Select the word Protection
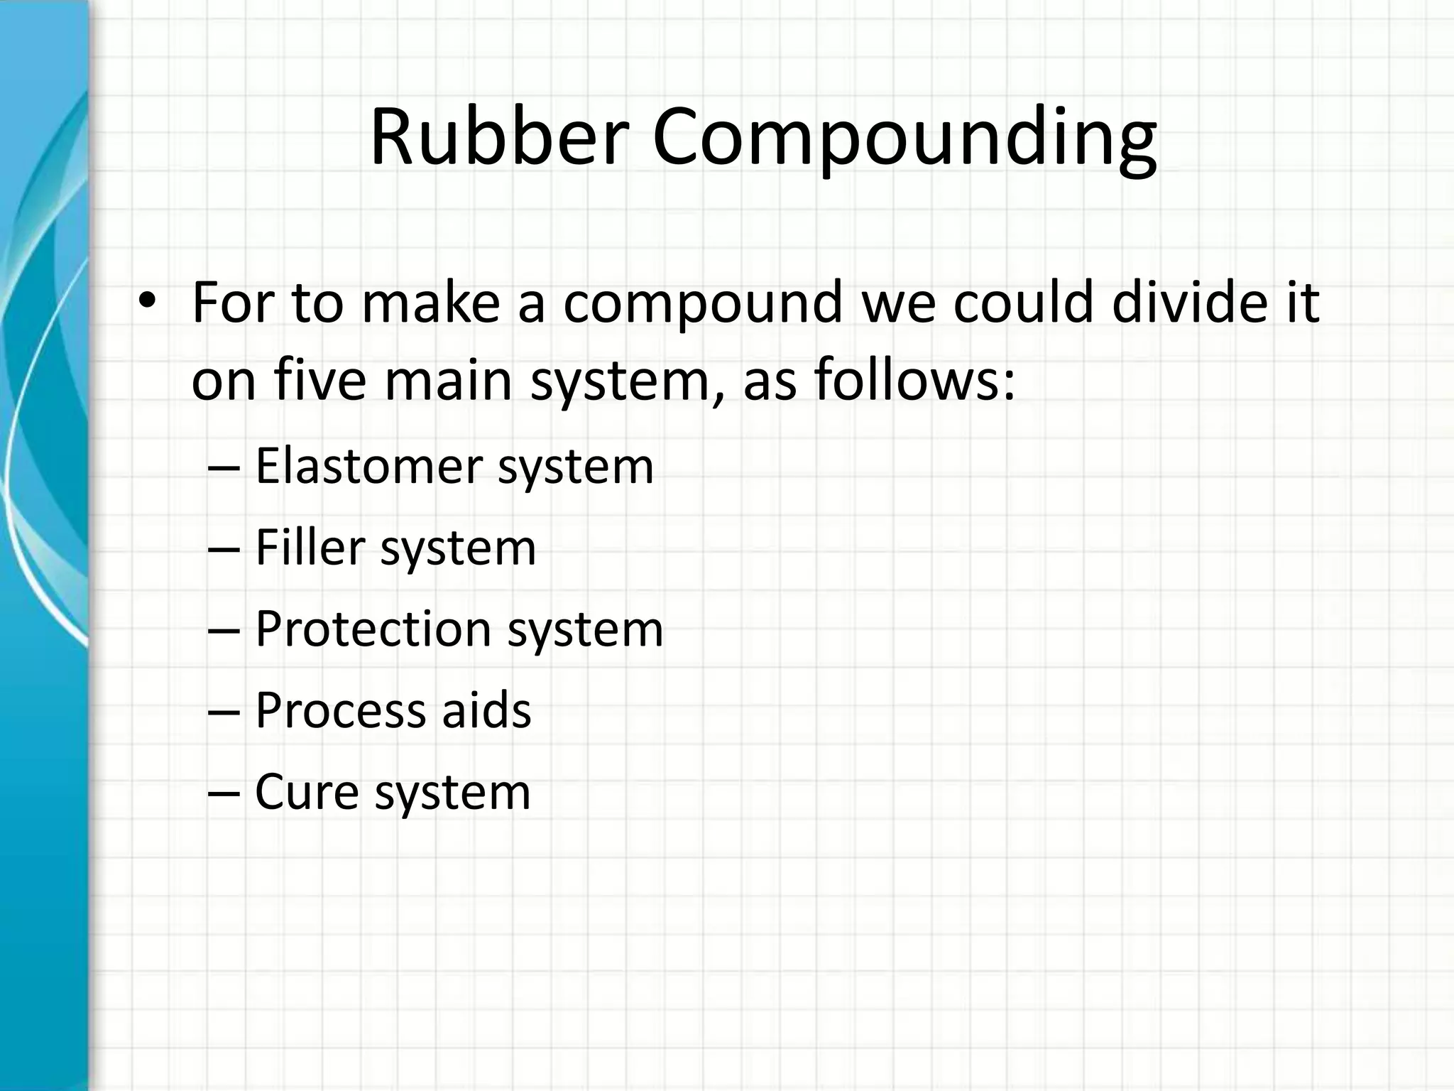[373, 629]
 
